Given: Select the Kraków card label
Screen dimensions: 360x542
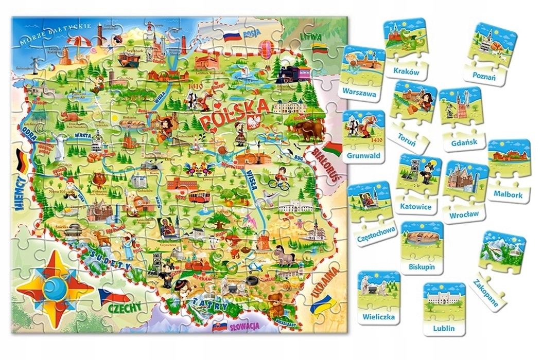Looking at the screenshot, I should (406, 72).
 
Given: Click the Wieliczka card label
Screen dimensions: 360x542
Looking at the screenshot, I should (378, 317).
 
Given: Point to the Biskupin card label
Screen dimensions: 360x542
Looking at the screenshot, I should (422, 267).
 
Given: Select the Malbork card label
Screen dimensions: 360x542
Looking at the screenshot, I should (508, 195).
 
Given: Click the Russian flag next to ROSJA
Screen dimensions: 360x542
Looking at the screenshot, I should (232, 37).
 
